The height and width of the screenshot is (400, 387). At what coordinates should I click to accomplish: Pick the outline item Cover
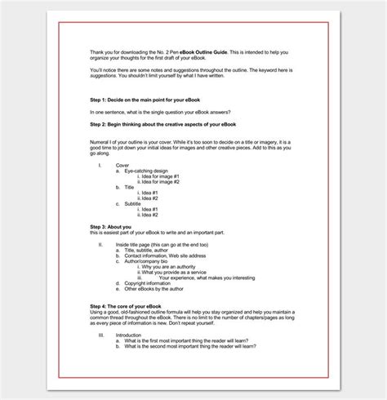pos(122,165)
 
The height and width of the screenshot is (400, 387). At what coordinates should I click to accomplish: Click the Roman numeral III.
pos(101,334)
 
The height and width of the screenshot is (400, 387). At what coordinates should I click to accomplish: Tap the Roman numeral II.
pos(100,244)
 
